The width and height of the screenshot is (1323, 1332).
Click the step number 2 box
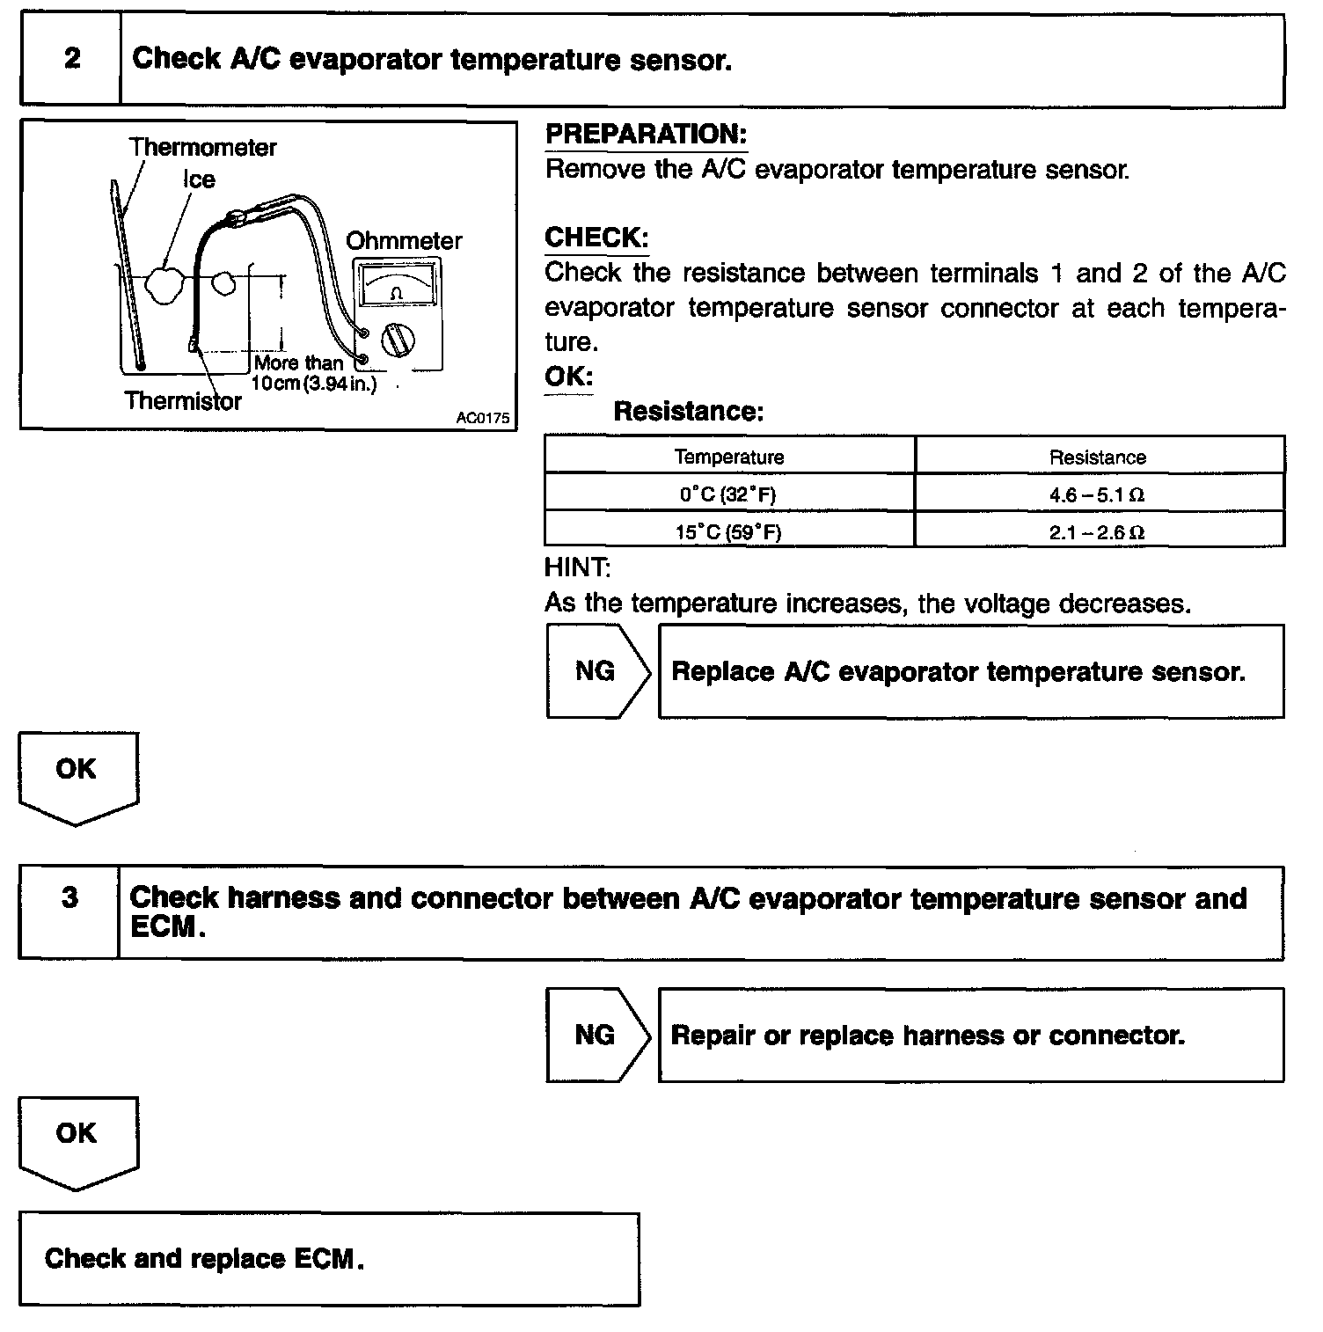[71, 59]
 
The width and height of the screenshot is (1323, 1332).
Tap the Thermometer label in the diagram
[203, 147]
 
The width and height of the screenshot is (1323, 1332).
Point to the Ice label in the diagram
[199, 179]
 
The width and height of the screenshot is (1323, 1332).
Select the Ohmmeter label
[404, 241]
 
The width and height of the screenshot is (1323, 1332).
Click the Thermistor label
[183, 401]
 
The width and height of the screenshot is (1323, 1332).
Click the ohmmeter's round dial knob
[398, 340]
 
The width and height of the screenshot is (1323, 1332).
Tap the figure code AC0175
[482, 418]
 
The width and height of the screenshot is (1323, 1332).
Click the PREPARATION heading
[646, 135]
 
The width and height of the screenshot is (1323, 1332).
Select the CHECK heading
[596, 238]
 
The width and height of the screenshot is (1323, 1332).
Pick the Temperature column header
[729, 457]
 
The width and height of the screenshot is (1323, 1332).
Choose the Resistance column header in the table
[1098, 457]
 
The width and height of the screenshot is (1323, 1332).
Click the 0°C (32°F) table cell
[729, 494]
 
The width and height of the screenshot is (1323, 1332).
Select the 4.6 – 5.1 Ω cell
[1098, 494]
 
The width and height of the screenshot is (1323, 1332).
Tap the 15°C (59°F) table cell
[729, 531]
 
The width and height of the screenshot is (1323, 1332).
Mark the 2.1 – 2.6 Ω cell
[1098, 531]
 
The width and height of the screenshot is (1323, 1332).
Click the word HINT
[577, 567]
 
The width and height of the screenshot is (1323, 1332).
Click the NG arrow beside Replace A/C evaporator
[596, 671]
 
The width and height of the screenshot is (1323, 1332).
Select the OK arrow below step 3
[77, 1139]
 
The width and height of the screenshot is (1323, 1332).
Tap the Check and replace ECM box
[329, 1258]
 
